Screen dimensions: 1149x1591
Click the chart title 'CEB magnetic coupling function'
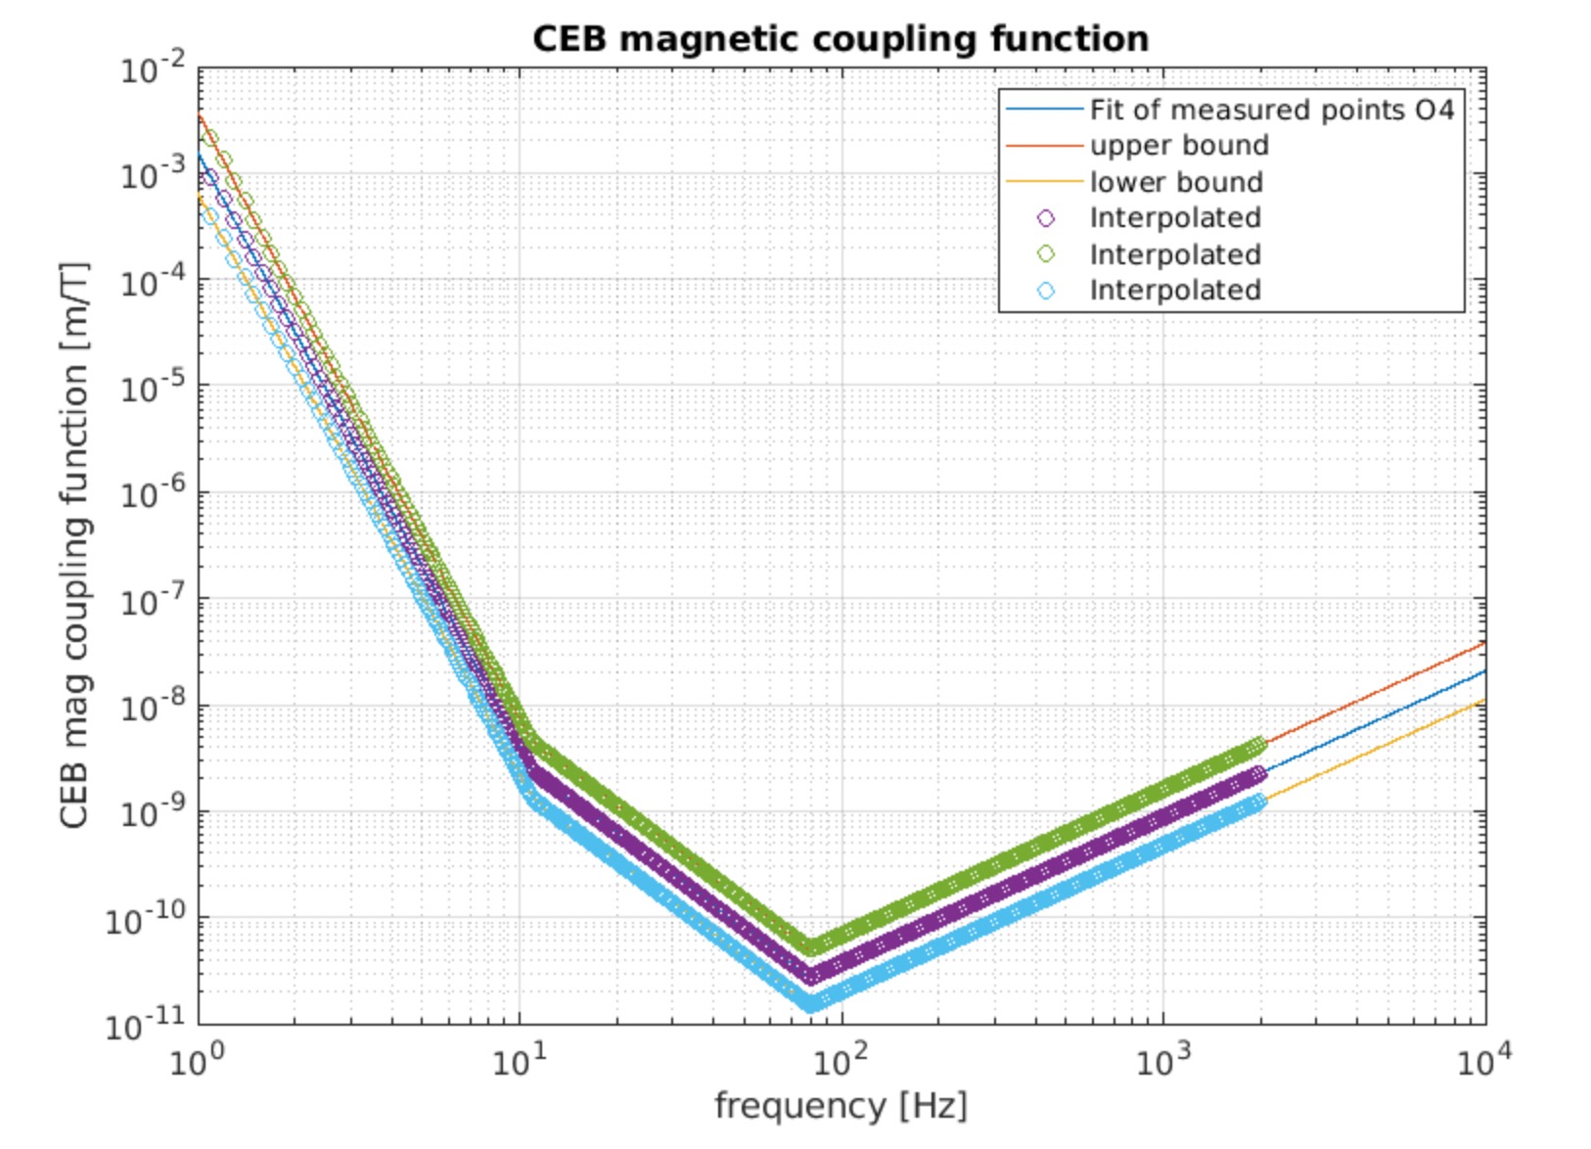point(841,39)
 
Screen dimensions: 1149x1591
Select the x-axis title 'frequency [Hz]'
point(841,1106)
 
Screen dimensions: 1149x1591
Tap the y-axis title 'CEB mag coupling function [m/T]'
point(74,546)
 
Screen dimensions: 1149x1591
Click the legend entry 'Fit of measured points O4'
point(1272,110)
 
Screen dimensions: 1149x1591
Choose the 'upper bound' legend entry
point(1179,146)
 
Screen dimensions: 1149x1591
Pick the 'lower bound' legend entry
point(1176,182)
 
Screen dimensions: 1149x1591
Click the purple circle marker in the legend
point(1046,218)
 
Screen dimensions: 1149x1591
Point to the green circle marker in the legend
point(1046,254)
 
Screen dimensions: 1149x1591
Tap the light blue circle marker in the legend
point(1046,291)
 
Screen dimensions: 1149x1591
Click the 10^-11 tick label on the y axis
point(147,1025)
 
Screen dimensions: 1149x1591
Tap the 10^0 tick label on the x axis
point(198,1061)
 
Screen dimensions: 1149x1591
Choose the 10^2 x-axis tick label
point(841,1061)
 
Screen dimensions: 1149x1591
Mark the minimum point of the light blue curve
point(811,1003)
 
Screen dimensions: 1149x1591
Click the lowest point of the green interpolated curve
point(811,946)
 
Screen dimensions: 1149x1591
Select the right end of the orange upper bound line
point(1484,643)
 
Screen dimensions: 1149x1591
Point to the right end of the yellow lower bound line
point(1484,700)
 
